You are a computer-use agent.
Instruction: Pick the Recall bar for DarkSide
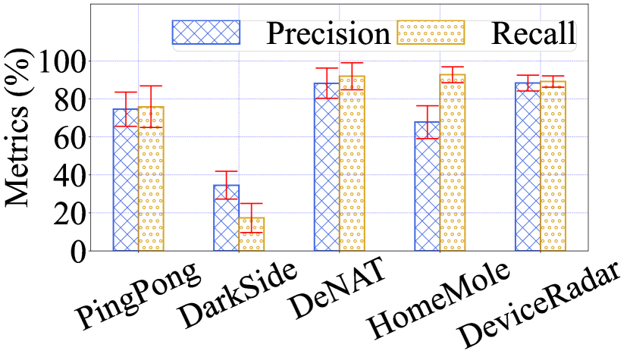pyautogui.click(x=251, y=234)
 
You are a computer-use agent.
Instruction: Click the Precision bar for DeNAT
pyautogui.click(x=327, y=167)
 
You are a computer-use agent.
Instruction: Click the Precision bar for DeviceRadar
pyautogui.click(x=528, y=167)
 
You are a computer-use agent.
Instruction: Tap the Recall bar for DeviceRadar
pyautogui.click(x=553, y=166)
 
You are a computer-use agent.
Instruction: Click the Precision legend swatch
pyautogui.click(x=206, y=32)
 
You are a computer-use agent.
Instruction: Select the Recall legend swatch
pyautogui.click(x=431, y=32)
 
